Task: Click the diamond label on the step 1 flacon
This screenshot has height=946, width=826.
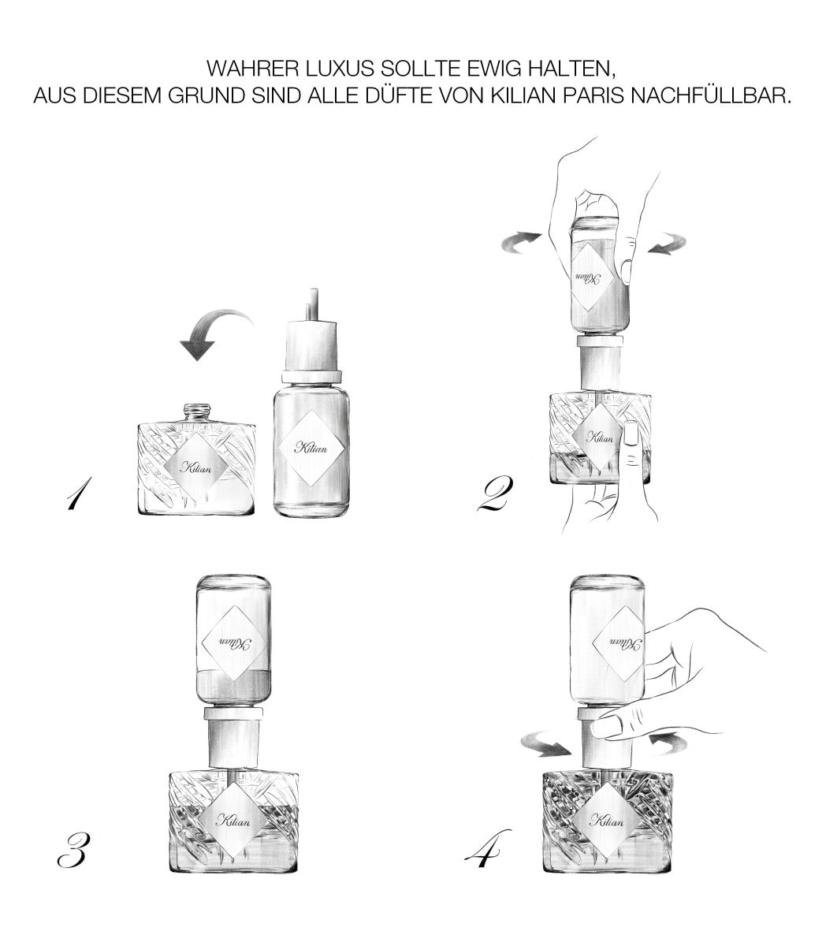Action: pos(196,466)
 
